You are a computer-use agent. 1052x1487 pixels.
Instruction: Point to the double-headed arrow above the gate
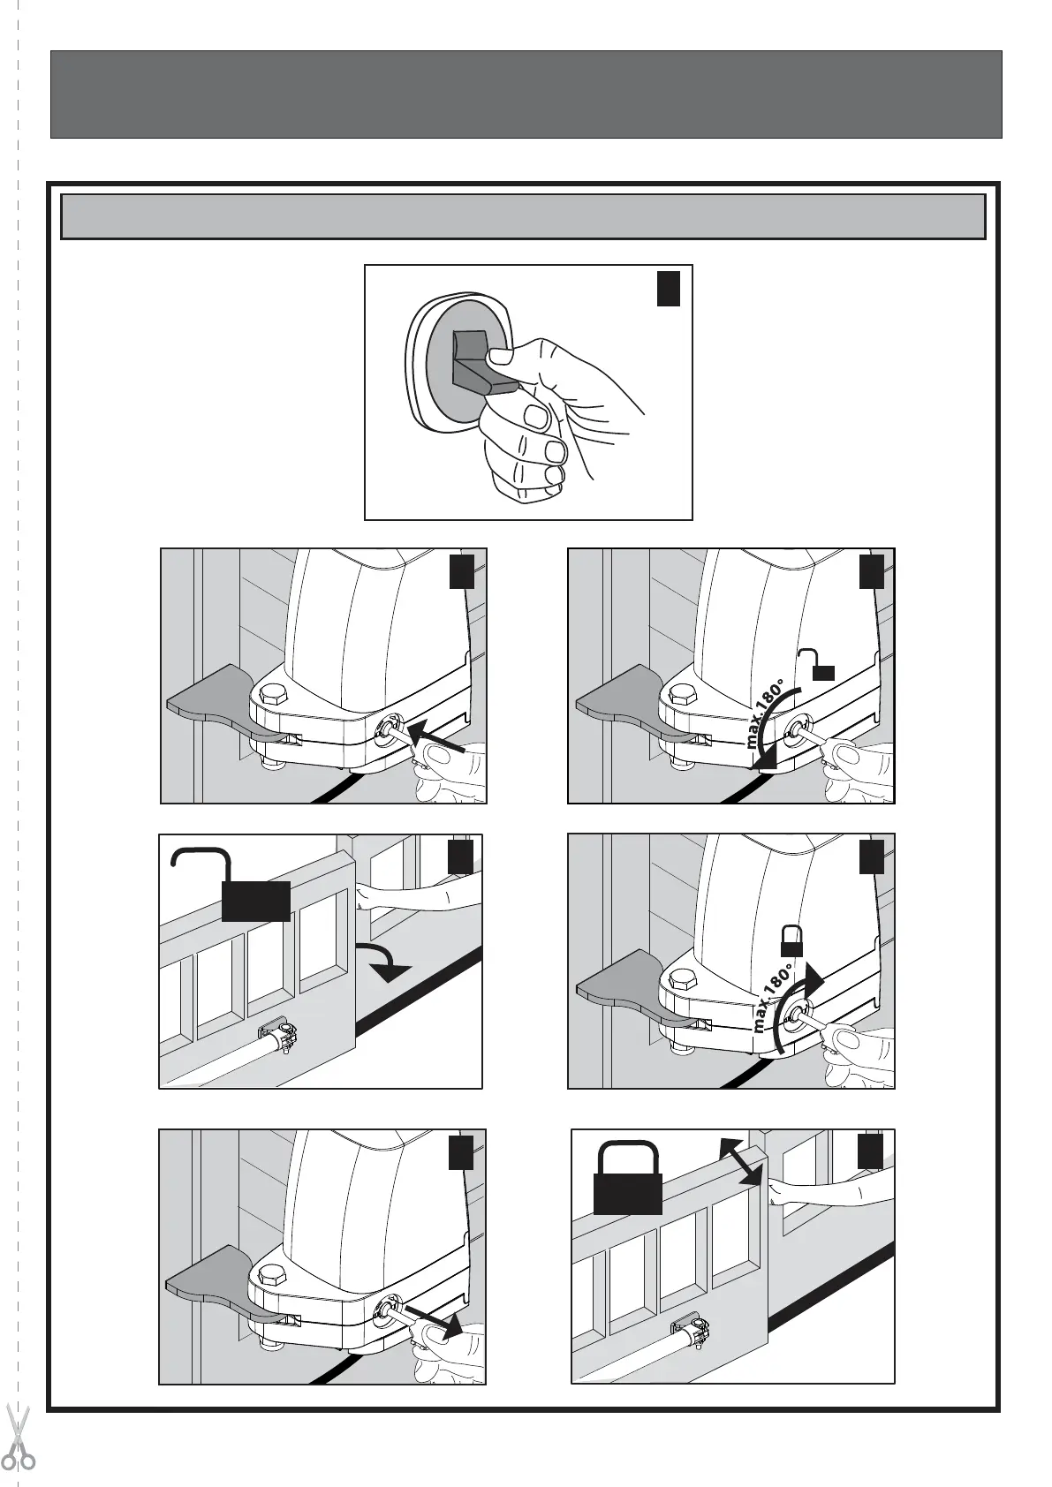coord(741,1160)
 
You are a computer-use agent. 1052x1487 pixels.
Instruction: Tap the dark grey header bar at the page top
coord(526,94)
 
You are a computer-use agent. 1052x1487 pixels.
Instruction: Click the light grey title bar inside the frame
coord(522,216)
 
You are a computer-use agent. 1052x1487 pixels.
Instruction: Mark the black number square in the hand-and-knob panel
coord(669,289)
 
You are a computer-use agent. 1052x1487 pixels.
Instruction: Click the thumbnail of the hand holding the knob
coord(528,392)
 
